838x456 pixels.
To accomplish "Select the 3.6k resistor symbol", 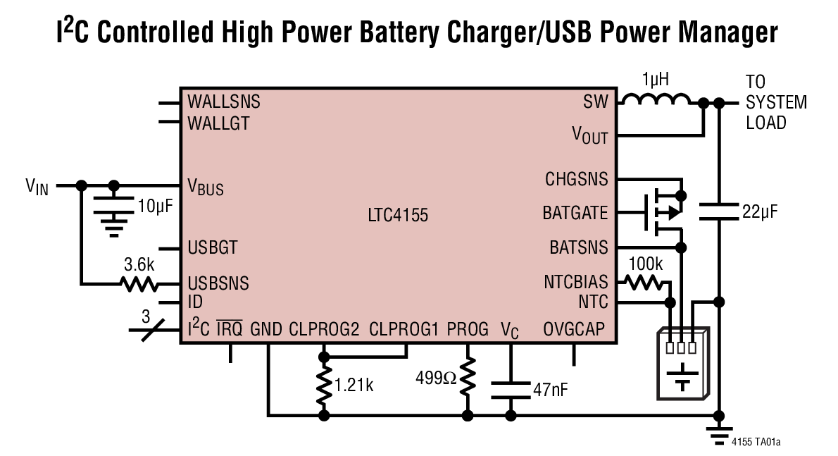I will [x=138, y=284].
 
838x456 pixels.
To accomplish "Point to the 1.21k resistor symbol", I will [x=324, y=385].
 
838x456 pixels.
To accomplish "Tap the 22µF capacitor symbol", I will [x=718, y=211].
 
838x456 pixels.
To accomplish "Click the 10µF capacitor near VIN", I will [x=114, y=209].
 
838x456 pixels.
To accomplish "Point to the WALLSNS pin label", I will [x=224, y=101].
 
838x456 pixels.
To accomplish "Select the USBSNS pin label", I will [x=218, y=284].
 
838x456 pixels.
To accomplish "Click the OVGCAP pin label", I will [x=574, y=328].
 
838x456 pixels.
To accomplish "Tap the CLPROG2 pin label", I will [x=325, y=328].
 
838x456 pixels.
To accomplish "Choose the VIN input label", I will [x=37, y=187].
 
